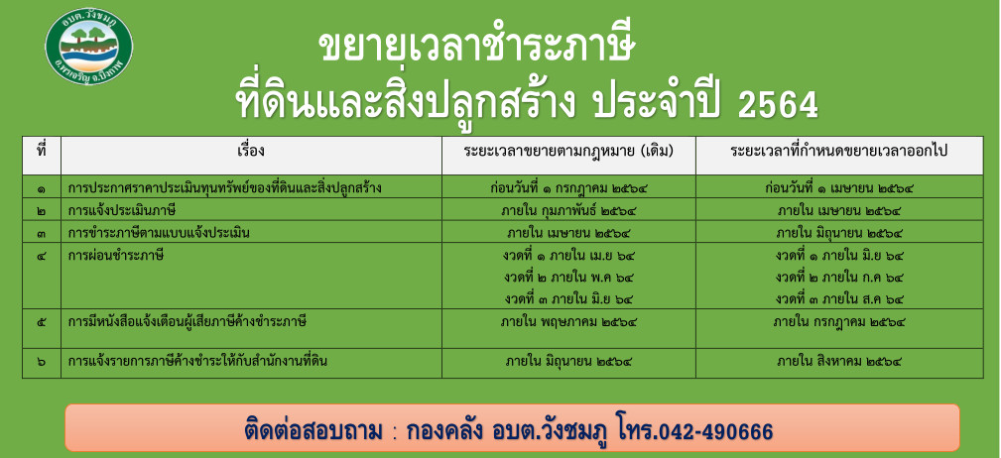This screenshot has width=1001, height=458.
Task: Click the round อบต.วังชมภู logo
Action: click(89, 48)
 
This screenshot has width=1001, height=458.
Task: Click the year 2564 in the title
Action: click(777, 105)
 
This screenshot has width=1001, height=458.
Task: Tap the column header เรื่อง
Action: click(251, 152)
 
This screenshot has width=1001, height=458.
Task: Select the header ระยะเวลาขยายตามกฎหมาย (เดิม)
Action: click(568, 153)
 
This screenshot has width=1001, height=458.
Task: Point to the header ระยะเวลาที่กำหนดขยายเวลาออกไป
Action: click(839, 152)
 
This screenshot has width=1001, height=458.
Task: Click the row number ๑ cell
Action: click(42, 188)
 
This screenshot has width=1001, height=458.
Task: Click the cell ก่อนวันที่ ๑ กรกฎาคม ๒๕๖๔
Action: click(567, 188)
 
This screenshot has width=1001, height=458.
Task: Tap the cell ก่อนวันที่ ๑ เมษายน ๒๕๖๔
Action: click(839, 188)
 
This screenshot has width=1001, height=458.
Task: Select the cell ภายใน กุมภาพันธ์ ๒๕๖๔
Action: click(568, 210)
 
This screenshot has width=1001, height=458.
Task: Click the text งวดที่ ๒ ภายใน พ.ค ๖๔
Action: click(568, 277)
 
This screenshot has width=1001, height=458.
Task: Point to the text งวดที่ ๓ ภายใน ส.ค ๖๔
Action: click(839, 298)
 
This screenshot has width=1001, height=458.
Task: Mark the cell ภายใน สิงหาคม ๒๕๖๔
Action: click(839, 362)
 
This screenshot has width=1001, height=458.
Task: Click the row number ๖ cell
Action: click(42, 362)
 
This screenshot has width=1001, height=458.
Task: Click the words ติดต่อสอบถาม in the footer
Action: click(313, 431)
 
